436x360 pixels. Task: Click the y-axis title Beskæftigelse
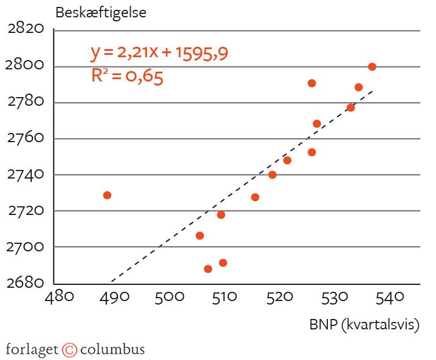[101, 13]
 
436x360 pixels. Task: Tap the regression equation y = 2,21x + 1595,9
[160, 53]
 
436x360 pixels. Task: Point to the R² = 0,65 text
[127, 76]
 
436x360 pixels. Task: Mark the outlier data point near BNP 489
[107, 195]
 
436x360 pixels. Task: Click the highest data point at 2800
[372, 66]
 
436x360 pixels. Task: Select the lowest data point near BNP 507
[208, 269]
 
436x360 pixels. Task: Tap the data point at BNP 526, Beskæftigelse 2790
[312, 83]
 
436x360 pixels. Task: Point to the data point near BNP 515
[255, 197]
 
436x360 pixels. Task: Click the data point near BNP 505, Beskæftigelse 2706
[199, 236]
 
